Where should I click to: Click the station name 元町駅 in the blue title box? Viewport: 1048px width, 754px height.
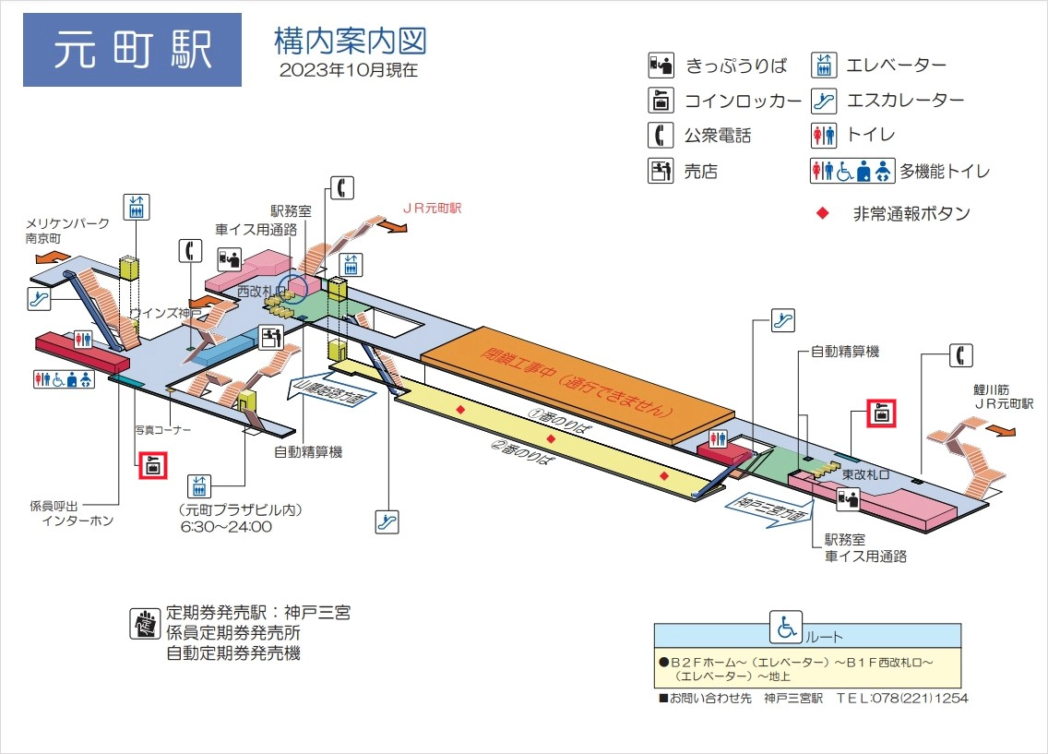[132, 50]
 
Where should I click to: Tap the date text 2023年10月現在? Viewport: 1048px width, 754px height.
[348, 69]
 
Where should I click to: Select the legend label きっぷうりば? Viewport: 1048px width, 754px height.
[735, 66]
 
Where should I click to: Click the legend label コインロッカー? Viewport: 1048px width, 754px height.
[742, 101]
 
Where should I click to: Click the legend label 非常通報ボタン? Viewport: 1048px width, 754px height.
[911, 214]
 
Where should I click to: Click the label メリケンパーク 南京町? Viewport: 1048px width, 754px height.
[67, 230]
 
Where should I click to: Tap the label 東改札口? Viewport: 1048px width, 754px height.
[864, 473]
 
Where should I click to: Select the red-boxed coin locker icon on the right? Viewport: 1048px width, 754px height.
[882, 413]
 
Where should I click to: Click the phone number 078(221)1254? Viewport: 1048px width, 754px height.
[926, 699]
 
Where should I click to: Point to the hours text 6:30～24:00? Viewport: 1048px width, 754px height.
[226, 527]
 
